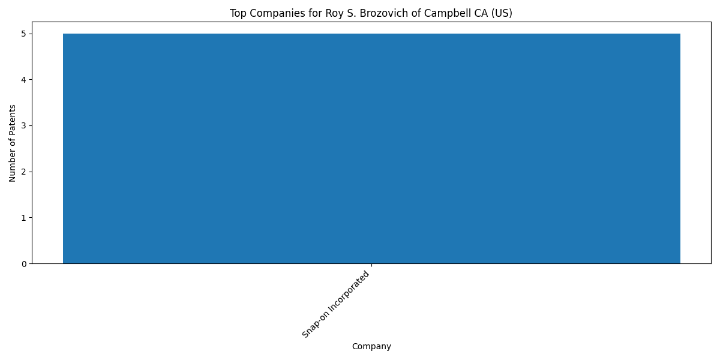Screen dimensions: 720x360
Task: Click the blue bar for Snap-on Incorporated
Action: click(371, 149)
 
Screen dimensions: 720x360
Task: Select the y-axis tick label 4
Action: click(24, 80)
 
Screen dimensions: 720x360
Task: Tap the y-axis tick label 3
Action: click(24, 125)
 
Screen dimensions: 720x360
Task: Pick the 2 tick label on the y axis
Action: click(24, 172)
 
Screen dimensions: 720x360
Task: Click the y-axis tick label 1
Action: click(24, 218)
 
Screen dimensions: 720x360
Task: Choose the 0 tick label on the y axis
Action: click(24, 264)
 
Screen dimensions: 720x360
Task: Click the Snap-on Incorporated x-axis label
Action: click(335, 304)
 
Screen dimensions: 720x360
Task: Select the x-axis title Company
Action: click(371, 347)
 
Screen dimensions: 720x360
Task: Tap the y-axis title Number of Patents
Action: click(12, 143)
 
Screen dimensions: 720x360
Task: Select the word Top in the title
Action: click(238, 13)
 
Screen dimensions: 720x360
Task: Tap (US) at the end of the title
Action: click(501, 13)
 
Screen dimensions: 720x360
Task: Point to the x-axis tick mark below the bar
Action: click(371, 265)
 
